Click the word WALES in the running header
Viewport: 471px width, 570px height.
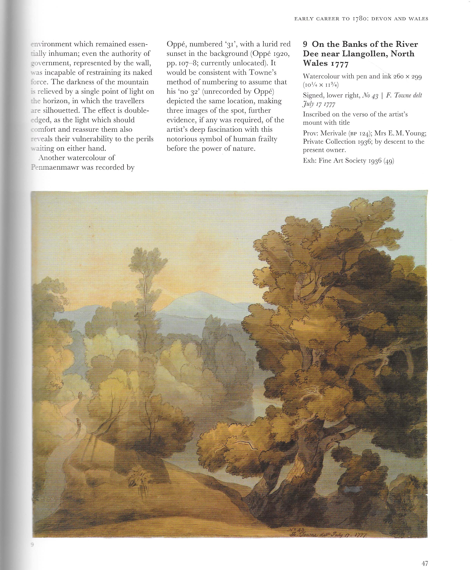[x=418, y=19]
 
